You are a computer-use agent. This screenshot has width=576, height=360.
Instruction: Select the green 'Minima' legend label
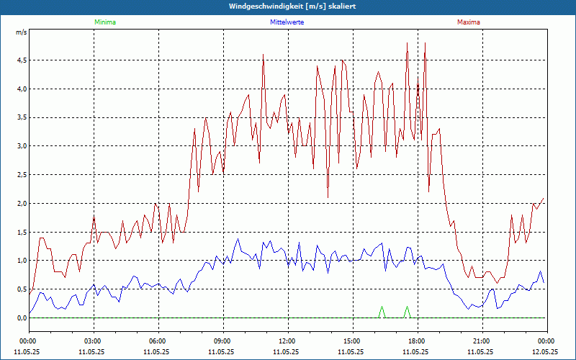[x=104, y=22]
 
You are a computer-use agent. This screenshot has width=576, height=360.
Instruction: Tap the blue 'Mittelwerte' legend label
[x=287, y=22]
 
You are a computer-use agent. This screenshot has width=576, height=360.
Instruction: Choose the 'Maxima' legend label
[x=468, y=22]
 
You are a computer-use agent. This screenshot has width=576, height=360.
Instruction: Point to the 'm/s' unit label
[x=22, y=32]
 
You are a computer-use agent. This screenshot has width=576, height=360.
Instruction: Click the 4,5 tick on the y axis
[x=22, y=60]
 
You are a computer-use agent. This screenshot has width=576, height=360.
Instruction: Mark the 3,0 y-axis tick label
[x=22, y=146]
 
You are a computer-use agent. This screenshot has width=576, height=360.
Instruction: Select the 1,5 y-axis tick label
[x=22, y=232]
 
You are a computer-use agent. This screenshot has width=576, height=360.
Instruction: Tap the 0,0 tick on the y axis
[x=22, y=318]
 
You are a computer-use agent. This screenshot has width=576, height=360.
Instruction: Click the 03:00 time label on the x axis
[x=92, y=341]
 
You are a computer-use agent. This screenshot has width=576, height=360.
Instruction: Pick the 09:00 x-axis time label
[x=222, y=341]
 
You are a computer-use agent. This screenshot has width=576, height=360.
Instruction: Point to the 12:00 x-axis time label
[x=287, y=341]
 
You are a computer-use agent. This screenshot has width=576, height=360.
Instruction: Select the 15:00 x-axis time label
[x=351, y=341]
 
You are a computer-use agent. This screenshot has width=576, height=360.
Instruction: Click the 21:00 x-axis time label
[x=481, y=341]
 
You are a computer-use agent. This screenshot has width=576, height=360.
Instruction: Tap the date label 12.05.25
[x=546, y=352]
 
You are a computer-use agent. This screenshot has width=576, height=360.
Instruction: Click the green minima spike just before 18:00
[x=408, y=308]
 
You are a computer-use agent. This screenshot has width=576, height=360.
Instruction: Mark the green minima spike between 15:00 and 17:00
[x=382, y=308]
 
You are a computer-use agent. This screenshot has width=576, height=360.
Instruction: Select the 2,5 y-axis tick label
[x=22, y=175]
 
